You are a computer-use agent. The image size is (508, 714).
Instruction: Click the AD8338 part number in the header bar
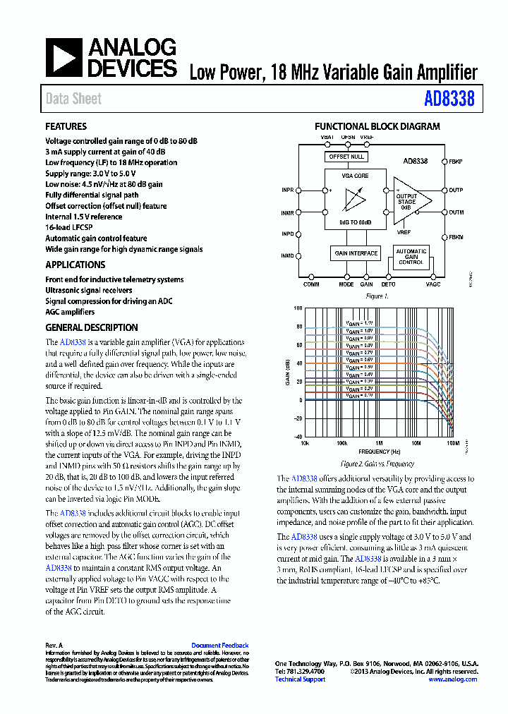(449, 99)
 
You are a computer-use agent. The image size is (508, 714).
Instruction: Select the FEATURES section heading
(66, 127)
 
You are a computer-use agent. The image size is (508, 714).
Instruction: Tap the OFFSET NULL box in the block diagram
(346, 157)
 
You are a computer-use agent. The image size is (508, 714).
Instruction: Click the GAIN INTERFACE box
(356, 253)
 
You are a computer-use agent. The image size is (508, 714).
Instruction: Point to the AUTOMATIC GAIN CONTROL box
(411, 256)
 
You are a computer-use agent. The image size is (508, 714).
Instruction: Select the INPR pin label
(287, 190)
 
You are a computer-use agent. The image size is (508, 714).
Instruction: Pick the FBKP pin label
(456, 162)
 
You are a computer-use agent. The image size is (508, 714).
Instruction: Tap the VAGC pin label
(433, 284)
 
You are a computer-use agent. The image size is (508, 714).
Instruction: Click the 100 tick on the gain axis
(298, 308)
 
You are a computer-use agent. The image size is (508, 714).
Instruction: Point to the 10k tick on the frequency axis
(305, 444)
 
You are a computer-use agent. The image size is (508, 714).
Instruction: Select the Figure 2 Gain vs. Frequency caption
(377, 464)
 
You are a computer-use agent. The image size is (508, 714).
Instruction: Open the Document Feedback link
(219, 646)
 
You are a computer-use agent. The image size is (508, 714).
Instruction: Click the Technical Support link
(299, 679)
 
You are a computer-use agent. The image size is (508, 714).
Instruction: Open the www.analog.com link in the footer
(452, 679)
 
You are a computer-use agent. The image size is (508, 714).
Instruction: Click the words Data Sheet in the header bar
(73, 99)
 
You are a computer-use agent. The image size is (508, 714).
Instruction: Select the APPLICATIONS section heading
(75, 265)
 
